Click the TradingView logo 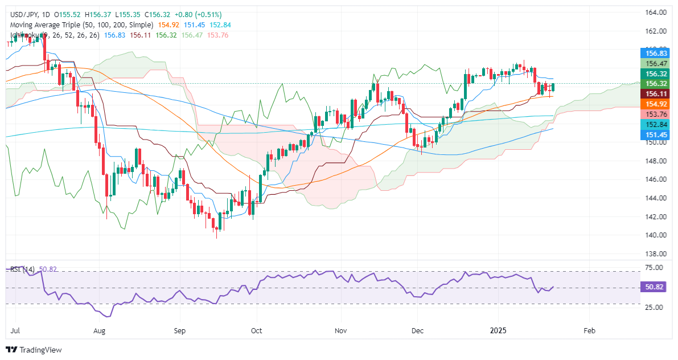pyautogui.click(x=34, y=349)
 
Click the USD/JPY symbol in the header pyautogui.click(x=24, y=14)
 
